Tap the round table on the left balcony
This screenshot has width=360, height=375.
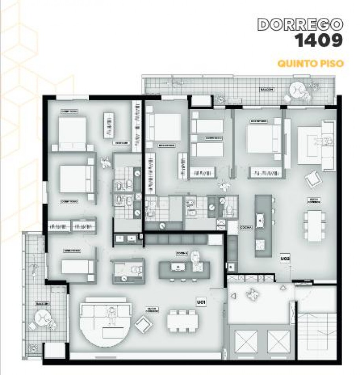[41, 317]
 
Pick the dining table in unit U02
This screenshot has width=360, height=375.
[314, 225]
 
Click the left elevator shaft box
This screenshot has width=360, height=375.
[246, 342]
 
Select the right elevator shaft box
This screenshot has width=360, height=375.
[279, 342]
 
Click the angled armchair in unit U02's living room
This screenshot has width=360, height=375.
[313, 179]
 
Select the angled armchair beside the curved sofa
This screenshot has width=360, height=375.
[143, 324]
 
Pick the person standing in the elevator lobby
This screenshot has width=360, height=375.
[251, 293]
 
